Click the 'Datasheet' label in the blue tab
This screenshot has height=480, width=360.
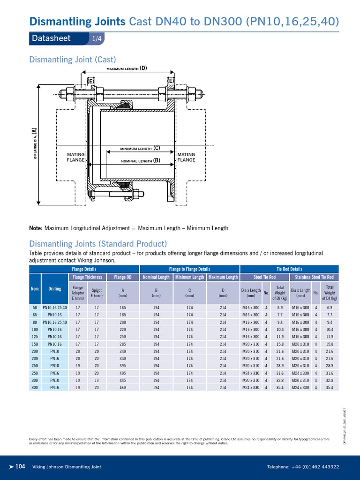click(51, 38)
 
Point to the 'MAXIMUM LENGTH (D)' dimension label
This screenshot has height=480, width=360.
click(127, 68)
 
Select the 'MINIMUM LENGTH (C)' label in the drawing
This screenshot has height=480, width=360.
click(140, 148)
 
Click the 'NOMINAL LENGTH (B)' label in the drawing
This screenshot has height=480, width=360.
click(141, 160)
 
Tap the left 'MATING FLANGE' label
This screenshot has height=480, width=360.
click(76, 157)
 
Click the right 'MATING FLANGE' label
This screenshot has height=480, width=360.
click(186, 157)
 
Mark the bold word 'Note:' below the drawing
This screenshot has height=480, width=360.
click(36, 228)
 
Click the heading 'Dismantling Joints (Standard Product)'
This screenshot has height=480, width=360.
click(98, 244)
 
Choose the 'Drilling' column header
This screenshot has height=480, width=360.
click(55, 289)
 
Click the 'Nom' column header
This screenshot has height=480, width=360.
click(35, 289)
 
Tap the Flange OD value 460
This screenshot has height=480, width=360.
click(123, 388)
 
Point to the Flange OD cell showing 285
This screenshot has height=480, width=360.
click(123, 344)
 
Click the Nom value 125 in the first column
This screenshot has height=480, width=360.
click(35, 337)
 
